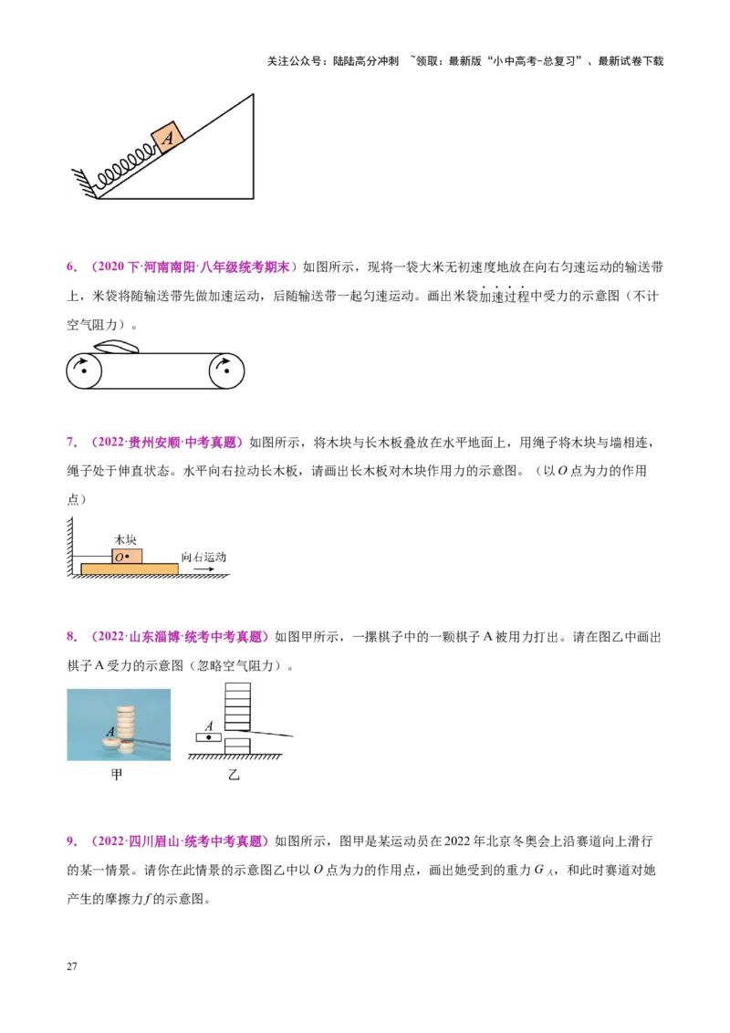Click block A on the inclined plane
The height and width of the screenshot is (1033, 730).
167,138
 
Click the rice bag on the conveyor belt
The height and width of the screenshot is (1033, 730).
118,347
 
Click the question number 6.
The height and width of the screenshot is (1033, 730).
71,267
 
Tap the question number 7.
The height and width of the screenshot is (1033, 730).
71,443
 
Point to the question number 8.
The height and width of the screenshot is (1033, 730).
71,636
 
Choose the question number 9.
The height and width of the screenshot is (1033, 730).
71,840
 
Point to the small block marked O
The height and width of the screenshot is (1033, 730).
127,556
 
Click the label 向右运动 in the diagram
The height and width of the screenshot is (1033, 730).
203,557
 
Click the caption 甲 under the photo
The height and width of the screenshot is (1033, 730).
117,775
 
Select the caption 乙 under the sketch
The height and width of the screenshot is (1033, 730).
234,775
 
